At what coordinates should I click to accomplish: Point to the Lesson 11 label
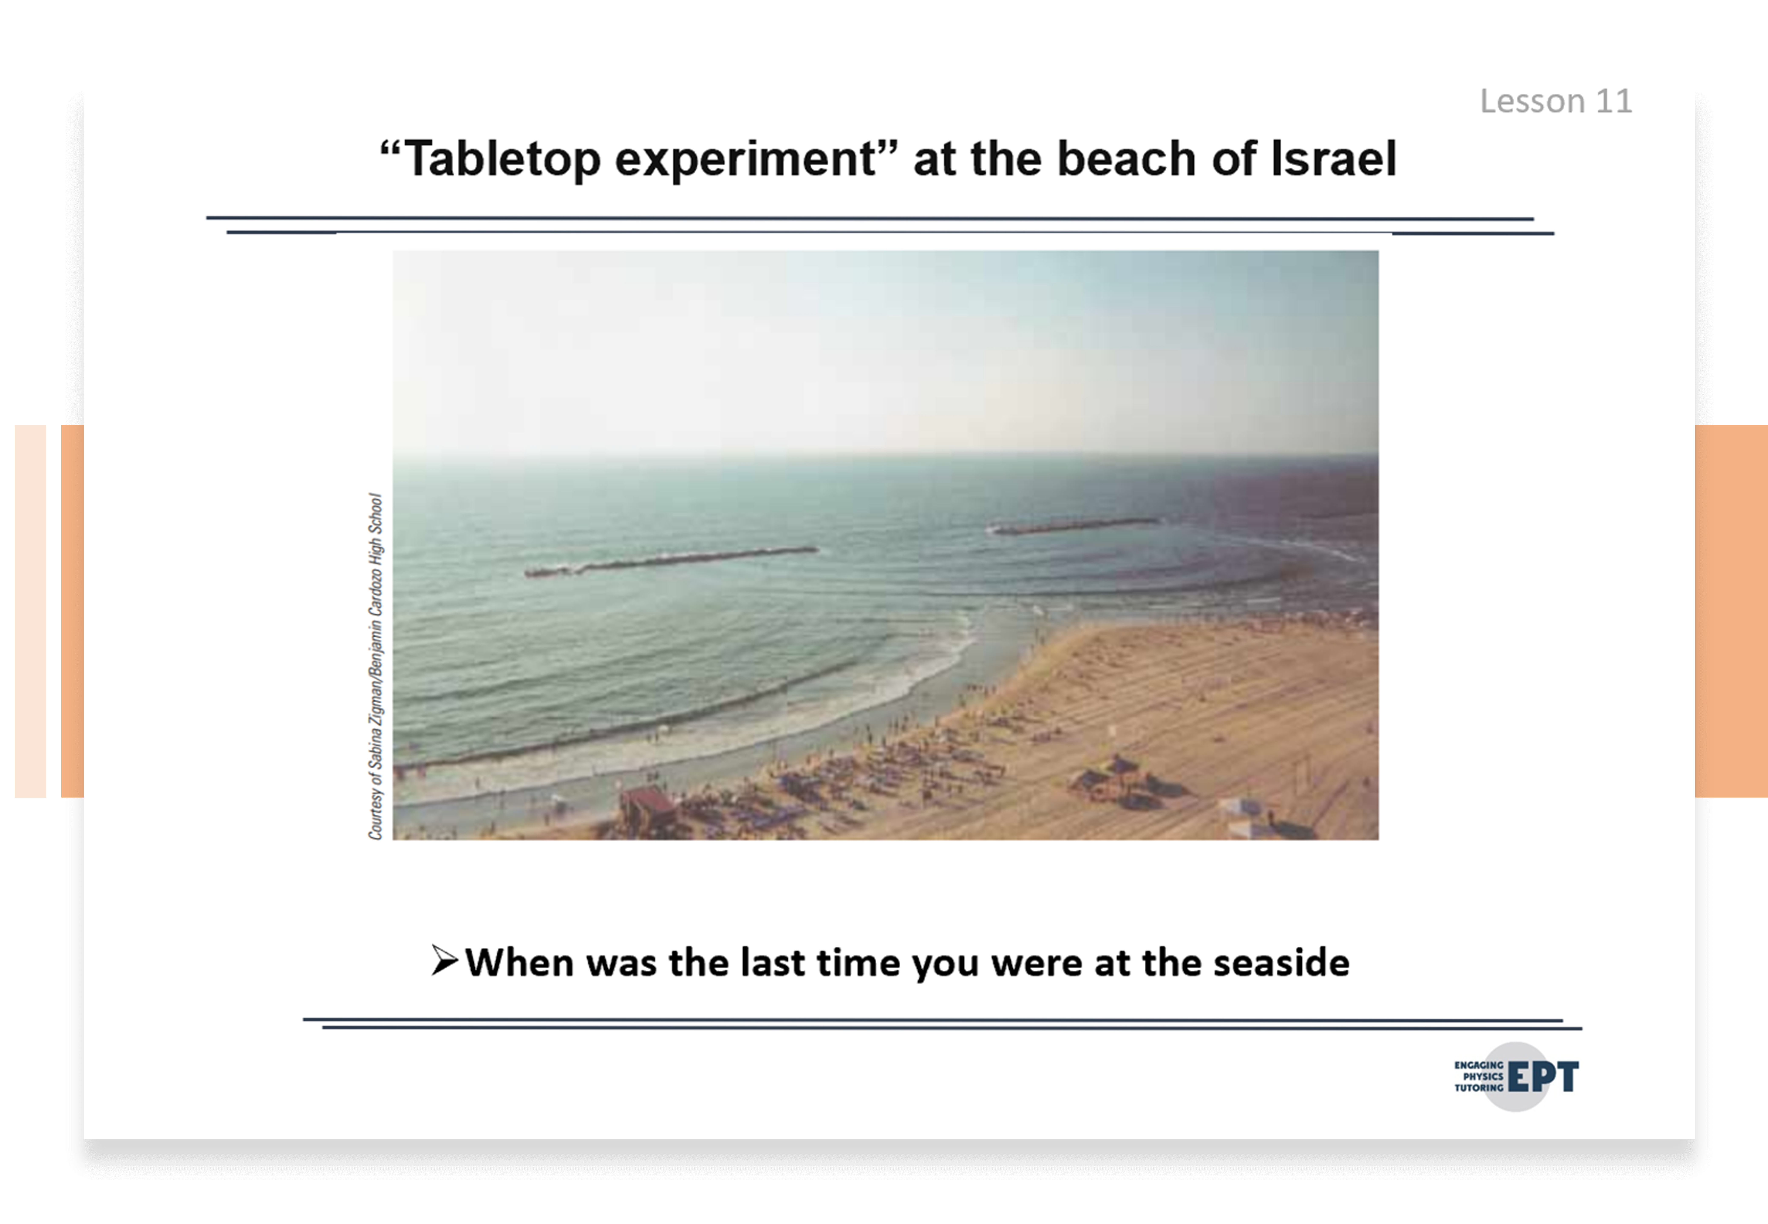point(1556,101)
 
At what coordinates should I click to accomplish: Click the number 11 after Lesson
point(1613,101)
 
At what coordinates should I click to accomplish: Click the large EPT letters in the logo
point(1543,1077)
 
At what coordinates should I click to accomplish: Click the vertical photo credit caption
point(375,666)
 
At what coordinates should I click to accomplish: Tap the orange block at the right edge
point(1731,611)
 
